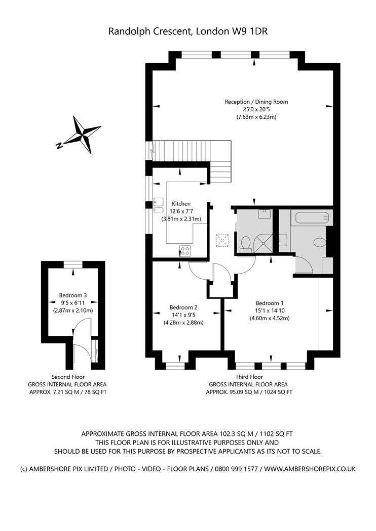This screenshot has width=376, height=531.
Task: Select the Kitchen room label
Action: [181, 203]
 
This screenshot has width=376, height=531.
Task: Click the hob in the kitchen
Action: [185, 251]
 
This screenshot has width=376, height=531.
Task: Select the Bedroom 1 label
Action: [270, 303]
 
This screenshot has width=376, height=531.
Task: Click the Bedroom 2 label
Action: [183, 307]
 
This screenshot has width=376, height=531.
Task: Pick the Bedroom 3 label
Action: [73, 295]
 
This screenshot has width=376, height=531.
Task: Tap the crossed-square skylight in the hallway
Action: [222, 241]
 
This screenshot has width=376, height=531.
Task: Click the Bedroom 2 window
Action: [175, 366]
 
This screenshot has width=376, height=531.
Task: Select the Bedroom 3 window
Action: [73, 264]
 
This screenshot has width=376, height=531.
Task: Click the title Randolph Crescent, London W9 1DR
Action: [188, 31]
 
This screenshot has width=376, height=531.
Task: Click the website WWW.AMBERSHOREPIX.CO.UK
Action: [310, 469]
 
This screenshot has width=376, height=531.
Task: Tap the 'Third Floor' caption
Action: [249, 377]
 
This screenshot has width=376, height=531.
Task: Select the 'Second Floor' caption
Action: [68, 377]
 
